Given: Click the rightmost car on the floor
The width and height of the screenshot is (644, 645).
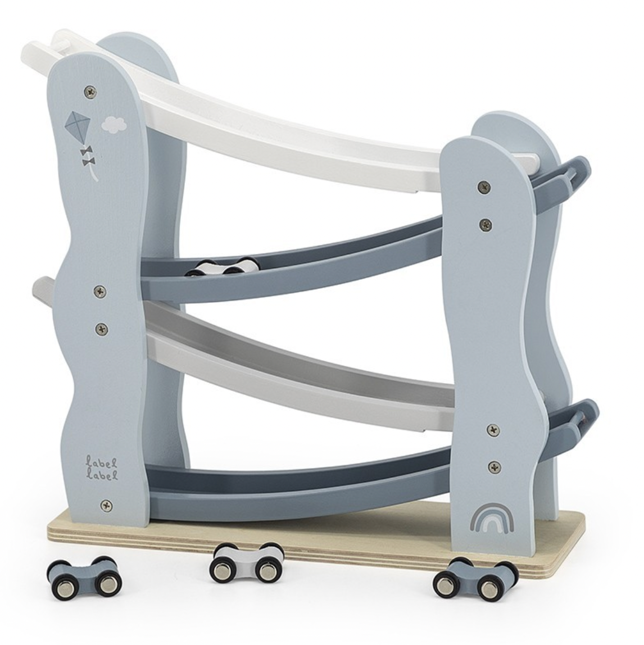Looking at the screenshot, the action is pos(476,578).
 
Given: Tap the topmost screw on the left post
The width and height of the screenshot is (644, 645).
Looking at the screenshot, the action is pos(90,92).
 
